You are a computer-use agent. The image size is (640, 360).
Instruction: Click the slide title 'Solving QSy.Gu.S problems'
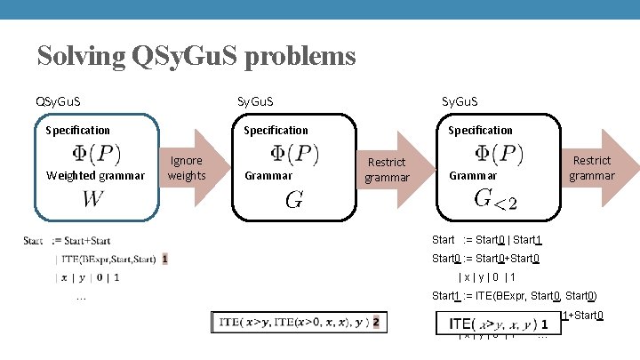point(196,57)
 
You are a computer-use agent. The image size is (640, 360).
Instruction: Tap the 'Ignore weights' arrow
point(188,167)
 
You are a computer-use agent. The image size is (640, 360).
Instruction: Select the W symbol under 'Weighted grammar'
point(92,198)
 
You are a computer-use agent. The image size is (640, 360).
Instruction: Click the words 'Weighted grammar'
point(95,175)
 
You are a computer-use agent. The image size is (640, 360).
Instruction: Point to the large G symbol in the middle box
point(293,200)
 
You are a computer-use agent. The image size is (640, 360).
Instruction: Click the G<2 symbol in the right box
point(495,198)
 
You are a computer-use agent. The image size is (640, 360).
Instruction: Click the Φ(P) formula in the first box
point(97,153)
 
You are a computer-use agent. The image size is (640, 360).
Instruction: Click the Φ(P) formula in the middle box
point(294,153)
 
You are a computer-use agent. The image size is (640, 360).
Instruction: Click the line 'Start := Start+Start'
point(68,241)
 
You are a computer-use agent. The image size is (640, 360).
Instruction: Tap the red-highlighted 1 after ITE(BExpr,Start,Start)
point(165,260)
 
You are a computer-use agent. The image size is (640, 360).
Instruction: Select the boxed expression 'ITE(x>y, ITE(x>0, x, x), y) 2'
point(298,323)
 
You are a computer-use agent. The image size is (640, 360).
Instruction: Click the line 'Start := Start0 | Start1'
point(486,240)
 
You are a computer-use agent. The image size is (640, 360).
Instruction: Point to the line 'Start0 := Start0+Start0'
point(485,259)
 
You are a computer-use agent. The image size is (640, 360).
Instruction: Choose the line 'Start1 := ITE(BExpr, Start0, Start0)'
point(514,296)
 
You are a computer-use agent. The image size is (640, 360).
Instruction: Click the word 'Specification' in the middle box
point(276,130)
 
